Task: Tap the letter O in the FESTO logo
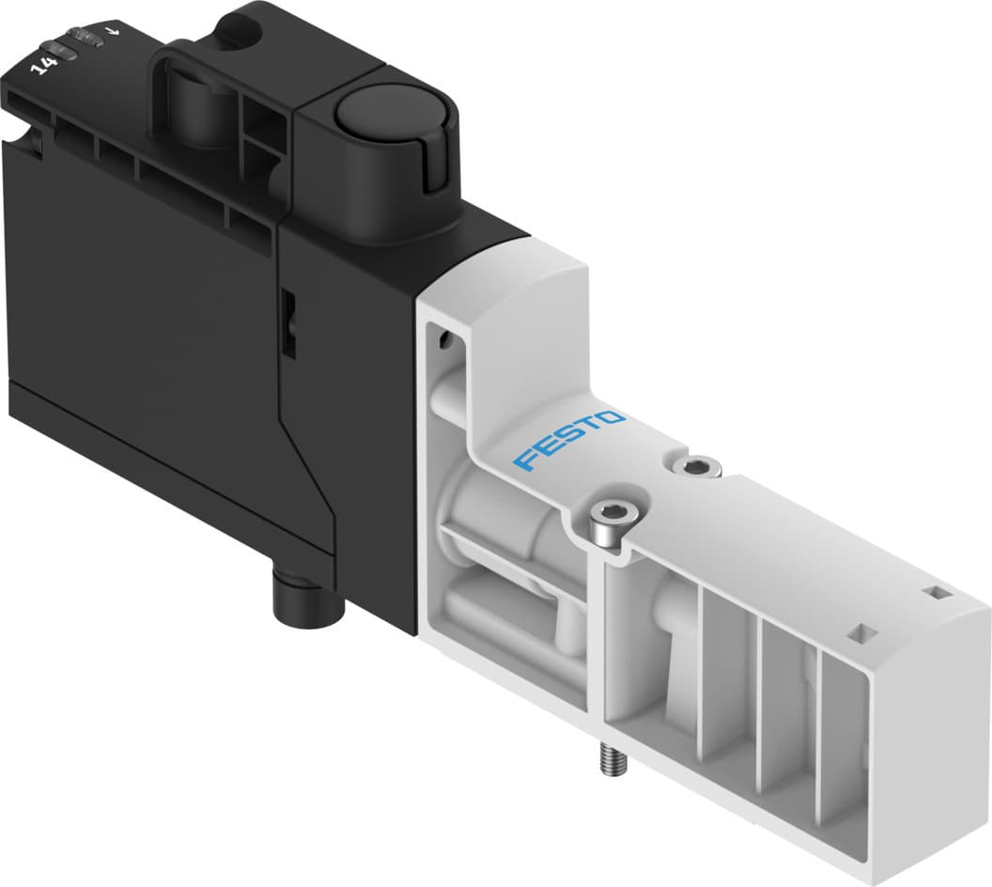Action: coord(612,417)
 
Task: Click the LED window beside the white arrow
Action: coord(87,39)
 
